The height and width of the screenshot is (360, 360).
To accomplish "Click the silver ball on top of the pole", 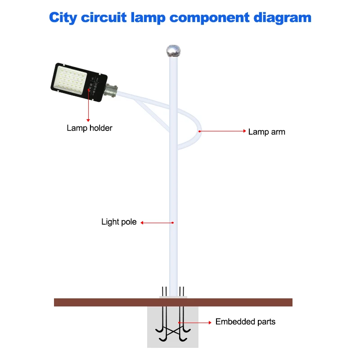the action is click(173, 50).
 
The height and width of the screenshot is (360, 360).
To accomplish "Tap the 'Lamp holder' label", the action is click(90, 128).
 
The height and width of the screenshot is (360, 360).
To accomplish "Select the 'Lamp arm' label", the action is click(266, 132).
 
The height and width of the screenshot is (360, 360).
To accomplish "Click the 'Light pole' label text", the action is click(119, 222).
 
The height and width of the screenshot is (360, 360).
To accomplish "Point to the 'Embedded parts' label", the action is click(245, 322).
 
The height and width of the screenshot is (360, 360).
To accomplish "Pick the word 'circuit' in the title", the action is click(105, 18).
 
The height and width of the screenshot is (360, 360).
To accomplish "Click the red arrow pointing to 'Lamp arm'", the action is click(222, 131).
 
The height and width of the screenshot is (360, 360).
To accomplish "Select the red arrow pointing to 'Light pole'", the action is click(157, 222).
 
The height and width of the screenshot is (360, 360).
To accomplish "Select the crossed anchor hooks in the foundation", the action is click(173, 331).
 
